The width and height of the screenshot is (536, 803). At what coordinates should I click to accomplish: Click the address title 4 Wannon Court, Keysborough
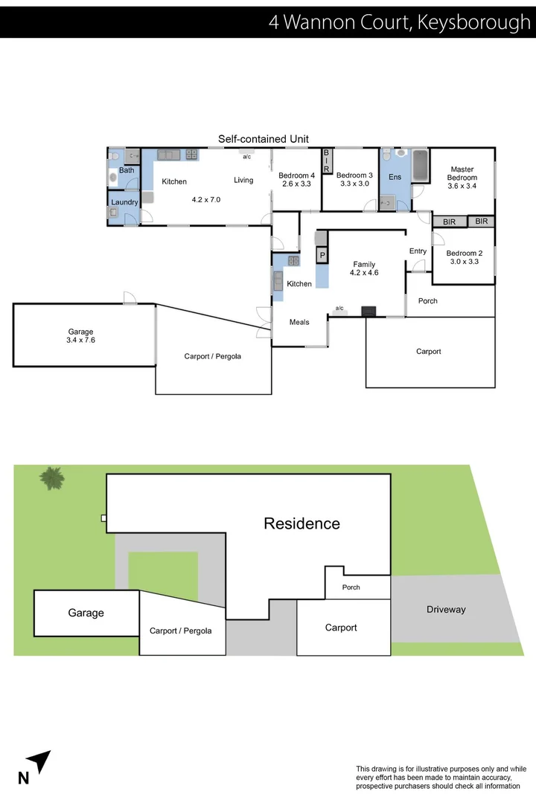pyautogui.click(x=400, y=22)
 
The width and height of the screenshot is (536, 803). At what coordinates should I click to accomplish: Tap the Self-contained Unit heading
pyautogui.click(x=263, y=139)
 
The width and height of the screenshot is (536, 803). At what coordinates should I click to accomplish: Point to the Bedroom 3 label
pyautogui.click(x=354, y=175)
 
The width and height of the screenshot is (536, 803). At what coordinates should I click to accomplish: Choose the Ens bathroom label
pyautogui.click(x=395, y=177)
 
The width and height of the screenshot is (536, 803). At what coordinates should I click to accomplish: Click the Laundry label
pyautogui.click(x=124, y=202)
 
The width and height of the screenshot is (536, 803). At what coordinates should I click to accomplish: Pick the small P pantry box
pyautogui.click(x=322, y=256)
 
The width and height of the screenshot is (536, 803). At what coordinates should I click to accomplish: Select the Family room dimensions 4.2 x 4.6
pyautogui.click(x=364, y=273)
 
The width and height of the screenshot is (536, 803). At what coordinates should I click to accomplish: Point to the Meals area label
pyautogui.click(x=300, y=322)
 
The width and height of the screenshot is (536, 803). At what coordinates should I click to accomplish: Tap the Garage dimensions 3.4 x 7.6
pyautogui.click(x=80, y=341)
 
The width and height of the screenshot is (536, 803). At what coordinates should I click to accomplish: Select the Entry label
pyautogui.click(x=418, y=251)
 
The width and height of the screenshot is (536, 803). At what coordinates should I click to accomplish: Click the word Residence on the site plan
pyautogui.click(x=301, y=523)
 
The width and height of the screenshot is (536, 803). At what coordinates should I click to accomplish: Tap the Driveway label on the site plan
pyautogui.click(x=446, y=610)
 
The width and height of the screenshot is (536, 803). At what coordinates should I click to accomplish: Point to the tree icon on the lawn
pyautogui.click(x=51, y=477)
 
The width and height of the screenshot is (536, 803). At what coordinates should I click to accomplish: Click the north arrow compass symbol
pyautogui.click(x=37, y=764)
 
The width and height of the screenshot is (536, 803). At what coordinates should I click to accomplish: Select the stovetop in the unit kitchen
pyautogui.click(x=191, y=155)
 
